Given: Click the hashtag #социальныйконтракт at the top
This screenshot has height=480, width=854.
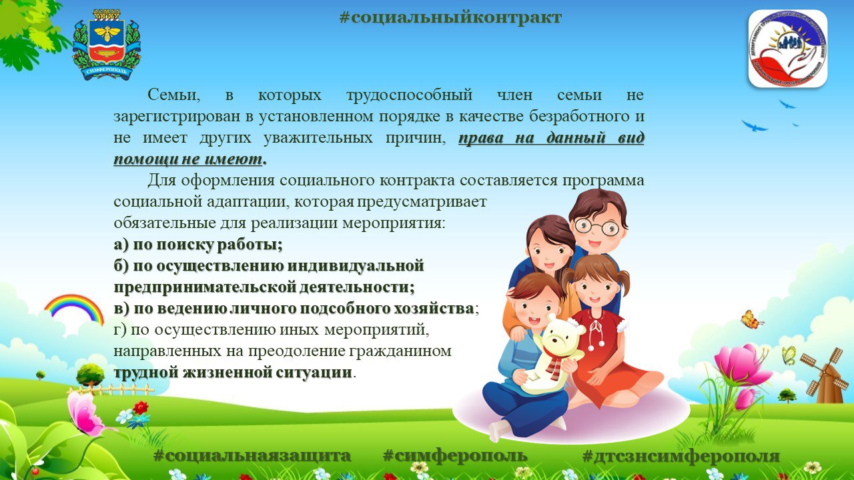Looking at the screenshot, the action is tap(450, 17).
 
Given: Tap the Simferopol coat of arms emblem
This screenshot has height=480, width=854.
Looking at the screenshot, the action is tap(106, 45).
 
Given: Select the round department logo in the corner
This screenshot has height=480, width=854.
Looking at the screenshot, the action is tap(788, 49).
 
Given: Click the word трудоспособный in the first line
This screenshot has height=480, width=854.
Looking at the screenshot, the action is tap(410, 95).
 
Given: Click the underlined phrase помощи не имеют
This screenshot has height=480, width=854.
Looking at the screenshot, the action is tap(188, 159).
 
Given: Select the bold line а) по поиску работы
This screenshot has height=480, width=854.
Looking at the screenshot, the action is tap(198, 245).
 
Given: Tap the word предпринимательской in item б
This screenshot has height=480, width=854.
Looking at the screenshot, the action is tap(204, 287).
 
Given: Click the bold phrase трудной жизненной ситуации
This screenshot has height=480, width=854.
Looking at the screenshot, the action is tap(233, 372).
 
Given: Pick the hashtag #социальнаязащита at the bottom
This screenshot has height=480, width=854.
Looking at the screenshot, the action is tap(252, 455).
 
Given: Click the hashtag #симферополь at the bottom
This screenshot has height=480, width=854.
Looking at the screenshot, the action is tap(455, 455).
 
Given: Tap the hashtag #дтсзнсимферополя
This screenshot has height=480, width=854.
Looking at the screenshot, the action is tap(681, 455).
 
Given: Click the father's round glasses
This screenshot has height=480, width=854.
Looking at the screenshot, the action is tap(596, 227).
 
